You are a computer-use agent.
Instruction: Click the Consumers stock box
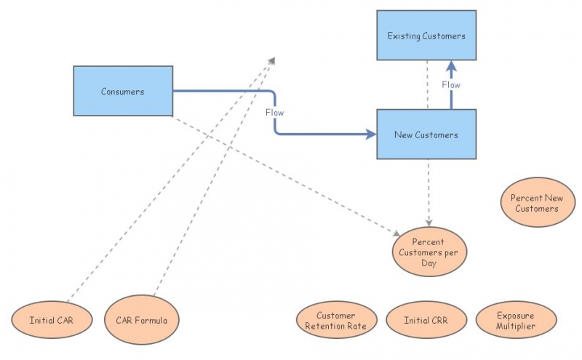123,91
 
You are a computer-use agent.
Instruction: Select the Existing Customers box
426,36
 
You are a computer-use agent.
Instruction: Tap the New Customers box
426,135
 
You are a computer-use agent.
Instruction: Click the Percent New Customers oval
538,203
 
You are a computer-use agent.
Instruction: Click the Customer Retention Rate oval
336,321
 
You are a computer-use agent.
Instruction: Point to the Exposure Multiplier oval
516,321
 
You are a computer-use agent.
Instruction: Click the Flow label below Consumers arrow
274,113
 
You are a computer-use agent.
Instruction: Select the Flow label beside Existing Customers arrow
451,85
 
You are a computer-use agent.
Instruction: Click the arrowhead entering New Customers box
371,135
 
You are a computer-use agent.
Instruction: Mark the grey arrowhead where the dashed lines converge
271,60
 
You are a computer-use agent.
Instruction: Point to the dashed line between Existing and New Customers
428,84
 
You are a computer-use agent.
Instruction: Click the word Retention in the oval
336,326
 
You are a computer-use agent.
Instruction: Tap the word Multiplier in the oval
516,326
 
